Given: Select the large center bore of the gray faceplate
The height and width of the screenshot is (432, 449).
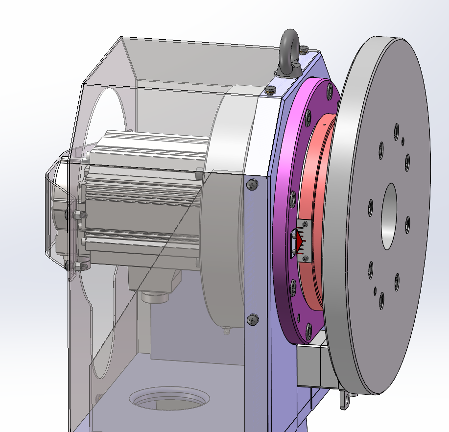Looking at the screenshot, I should point(390,216).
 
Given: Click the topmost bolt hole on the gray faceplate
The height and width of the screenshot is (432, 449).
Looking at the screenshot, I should point(396,131).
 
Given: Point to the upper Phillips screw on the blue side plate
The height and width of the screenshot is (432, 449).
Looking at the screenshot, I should point(252,185).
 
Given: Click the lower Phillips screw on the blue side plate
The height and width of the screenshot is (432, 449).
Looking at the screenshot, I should point(252,319).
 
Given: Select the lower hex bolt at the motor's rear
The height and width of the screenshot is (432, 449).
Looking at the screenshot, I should point(78,266).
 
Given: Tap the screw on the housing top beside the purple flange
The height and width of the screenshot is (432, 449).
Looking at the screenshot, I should point(270,90).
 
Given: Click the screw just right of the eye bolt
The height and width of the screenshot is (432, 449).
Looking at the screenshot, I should point(305,49).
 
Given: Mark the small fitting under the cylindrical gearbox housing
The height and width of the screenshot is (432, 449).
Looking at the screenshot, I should point(226,330).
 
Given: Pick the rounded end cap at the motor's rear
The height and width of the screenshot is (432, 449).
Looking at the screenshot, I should point(56,211).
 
